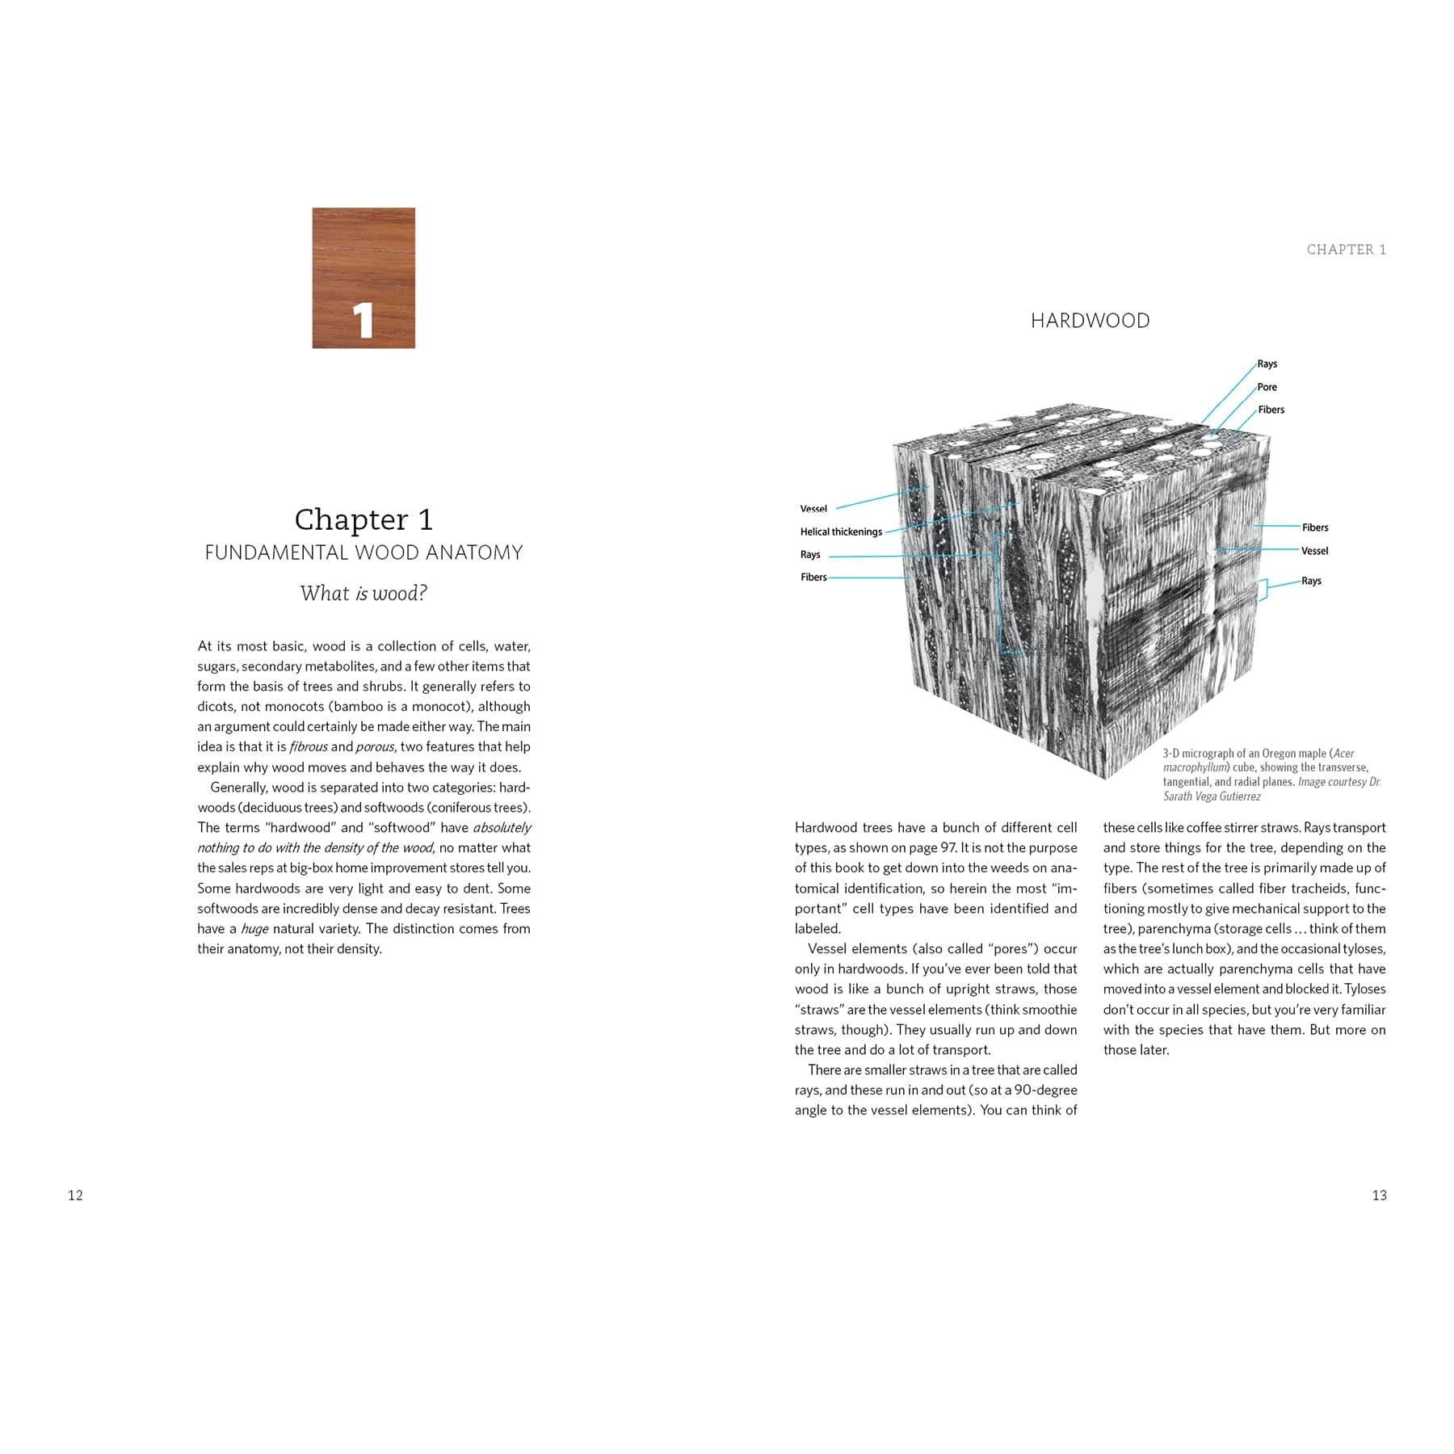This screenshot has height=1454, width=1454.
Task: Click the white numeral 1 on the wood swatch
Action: [x=363, y=321]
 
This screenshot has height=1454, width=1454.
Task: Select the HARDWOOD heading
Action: [x=1090, y=321]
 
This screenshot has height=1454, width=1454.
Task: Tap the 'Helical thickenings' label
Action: [x=841, y=532]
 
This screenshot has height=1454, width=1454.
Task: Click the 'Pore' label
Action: [x=1267, y=387]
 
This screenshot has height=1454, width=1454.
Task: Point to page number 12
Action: [x=75, y=1196]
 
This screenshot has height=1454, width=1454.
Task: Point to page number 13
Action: [x=1379, y=1196]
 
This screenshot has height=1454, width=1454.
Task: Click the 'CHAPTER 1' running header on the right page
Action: [x=1346, y=250]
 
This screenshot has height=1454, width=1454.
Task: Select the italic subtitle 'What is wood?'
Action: [x=363, y=594]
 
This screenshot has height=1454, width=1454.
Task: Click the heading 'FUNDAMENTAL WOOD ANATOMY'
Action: [x=363, y=553]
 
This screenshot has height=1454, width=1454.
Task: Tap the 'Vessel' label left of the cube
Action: [x=813, y=509]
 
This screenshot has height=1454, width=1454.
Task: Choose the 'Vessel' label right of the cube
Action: [x=1314, y=551]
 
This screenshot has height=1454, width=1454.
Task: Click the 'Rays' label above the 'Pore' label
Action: [x=1267, y=363]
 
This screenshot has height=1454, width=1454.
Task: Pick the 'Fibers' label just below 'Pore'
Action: [x=1271, y=410]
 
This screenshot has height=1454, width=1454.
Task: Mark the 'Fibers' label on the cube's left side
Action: [x=813, y=577]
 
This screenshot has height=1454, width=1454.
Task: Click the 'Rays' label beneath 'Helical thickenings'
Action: [x=810, y=554]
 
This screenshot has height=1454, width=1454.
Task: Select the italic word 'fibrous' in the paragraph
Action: [x=309, y=747]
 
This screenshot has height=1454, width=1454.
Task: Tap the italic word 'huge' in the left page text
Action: [x=254, y=929]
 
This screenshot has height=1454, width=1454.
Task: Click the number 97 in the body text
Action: [x=948, y=848]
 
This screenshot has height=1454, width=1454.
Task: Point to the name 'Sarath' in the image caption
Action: [x=1179, y=796]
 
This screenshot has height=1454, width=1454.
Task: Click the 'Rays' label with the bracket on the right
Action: [x=1311, y=581]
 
